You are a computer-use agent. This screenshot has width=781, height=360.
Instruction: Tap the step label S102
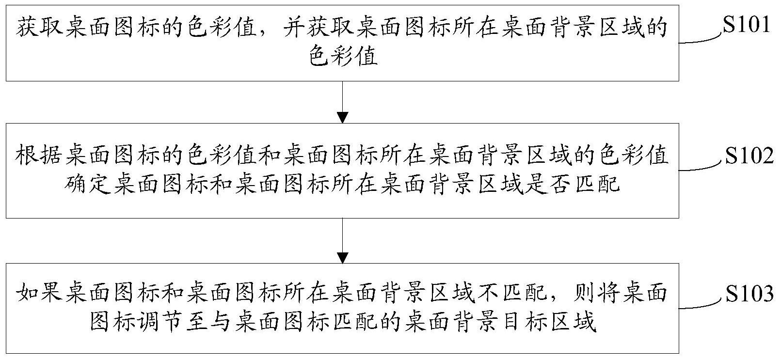[x=749, y=156]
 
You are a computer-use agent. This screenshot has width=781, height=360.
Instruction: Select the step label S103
[x=749, y=294]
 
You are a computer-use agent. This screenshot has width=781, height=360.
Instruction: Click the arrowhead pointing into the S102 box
[x=342, y=117]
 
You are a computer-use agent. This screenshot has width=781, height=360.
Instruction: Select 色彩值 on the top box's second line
[x=343, y=58]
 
